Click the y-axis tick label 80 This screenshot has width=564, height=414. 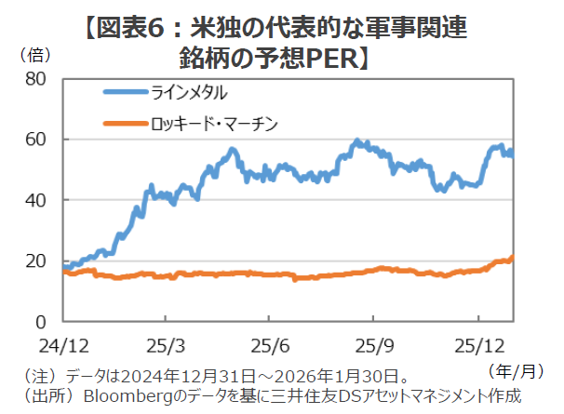click(35, 79)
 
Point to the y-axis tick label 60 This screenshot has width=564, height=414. click(35, 140)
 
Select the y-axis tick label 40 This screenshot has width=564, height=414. click(35, 200)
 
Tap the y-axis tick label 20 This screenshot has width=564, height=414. click(35, 261)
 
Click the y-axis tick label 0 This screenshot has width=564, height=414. click(40, 322)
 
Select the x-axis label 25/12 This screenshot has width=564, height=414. click(478, 344)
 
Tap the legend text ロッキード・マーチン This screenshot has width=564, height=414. click(213, 122)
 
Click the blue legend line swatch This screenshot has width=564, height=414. click(125, 92)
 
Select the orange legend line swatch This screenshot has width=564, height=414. click(125, 122)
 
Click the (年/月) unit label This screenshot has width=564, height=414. click(515, 370)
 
